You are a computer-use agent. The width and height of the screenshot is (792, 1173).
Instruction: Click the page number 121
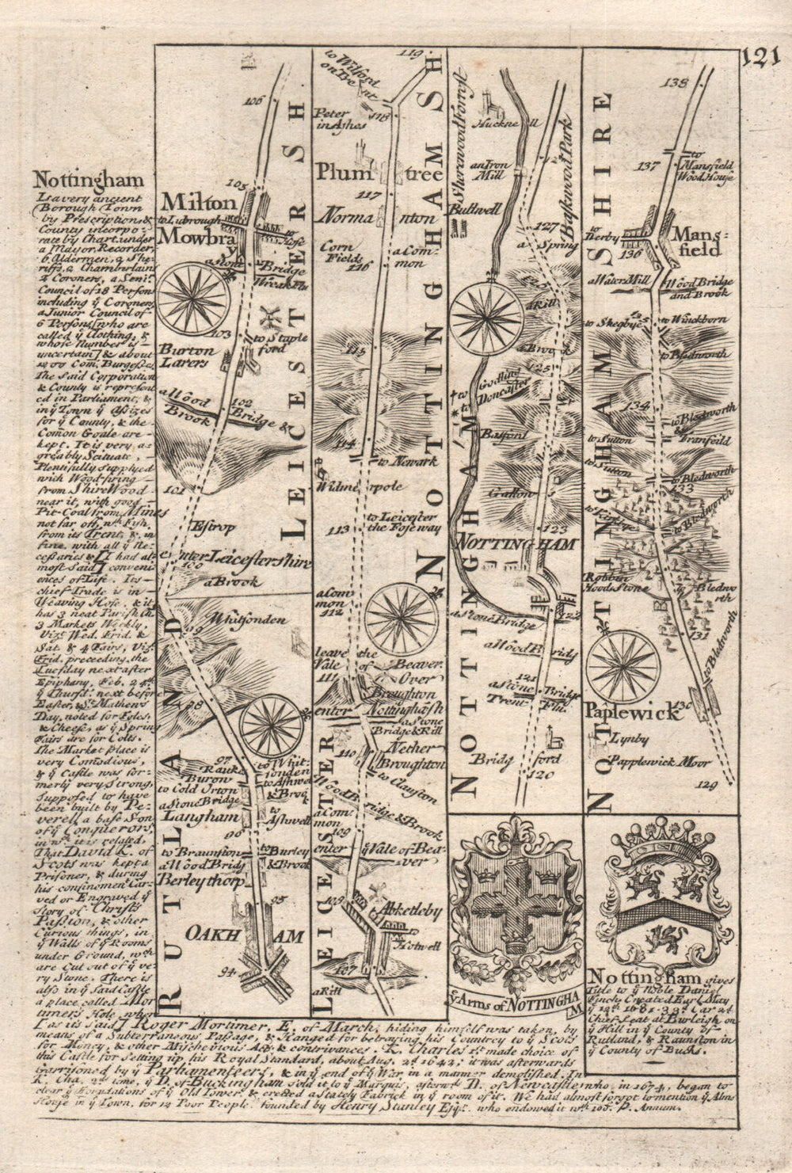click(762, 60)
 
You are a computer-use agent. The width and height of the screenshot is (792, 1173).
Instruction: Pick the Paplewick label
click(634, 712)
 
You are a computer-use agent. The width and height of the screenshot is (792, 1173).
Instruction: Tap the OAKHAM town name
click(246, 935)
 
